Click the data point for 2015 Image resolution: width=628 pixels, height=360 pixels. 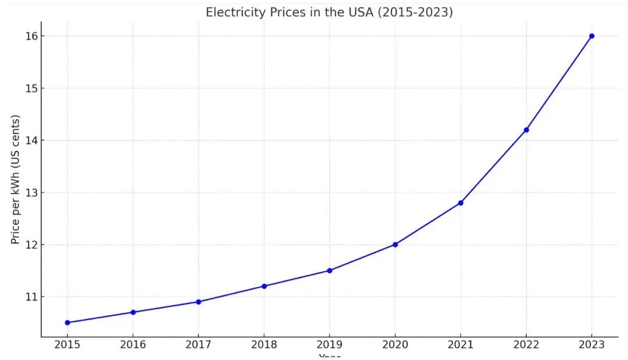click(67, 322)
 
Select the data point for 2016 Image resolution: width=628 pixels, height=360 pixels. click(133, 312)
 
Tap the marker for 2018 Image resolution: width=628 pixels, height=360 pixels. click(264, 286)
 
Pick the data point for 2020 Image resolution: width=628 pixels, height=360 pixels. click(395, 244)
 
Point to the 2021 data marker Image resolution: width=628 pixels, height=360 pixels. click(461, 203)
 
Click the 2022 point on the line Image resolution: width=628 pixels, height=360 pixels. click(526, 130)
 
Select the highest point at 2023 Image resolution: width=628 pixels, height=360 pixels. click(592, 36)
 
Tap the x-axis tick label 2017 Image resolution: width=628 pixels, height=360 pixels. click(198, 344)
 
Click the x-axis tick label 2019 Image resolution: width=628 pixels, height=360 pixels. click(330, 344)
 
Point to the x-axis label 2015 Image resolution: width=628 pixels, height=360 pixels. click(67, 344)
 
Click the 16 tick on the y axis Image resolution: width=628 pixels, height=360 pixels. click(30, 36)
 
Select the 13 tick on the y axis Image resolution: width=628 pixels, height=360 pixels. click(30, 193)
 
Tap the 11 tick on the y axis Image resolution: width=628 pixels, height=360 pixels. click(30, 297)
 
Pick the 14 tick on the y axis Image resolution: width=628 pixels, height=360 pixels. click(30, 140)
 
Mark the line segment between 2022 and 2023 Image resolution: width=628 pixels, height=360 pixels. click(559, 83)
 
